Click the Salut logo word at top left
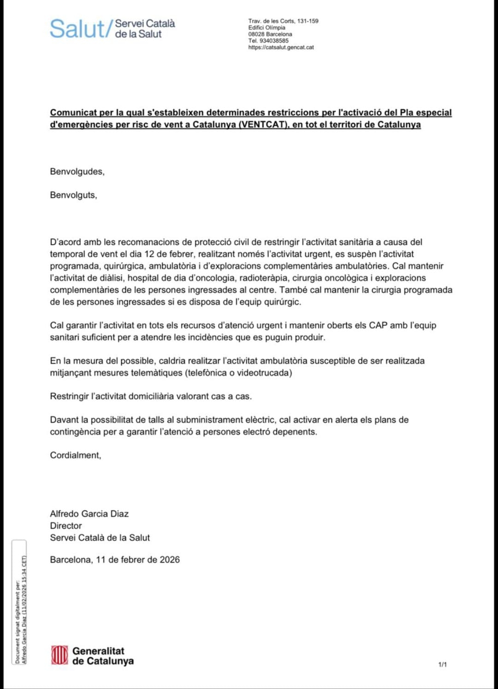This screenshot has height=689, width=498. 77,29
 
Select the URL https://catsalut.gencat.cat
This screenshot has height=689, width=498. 281,47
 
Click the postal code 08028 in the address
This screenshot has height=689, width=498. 256,34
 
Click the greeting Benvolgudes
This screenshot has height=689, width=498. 77,172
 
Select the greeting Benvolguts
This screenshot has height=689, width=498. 73,195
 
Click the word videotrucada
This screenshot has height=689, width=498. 264,373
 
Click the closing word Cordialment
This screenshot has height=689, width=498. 75,455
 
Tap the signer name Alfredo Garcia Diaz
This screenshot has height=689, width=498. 89,514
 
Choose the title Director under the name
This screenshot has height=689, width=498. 66,526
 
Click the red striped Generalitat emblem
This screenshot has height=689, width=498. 59,655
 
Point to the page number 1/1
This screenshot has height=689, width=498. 442,665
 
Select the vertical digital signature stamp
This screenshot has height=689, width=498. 20,603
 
